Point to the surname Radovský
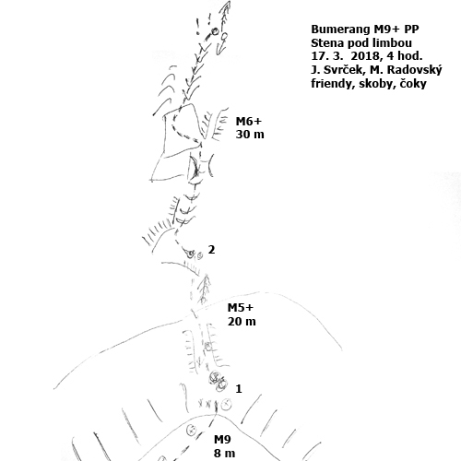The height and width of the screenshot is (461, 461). (x=414, y=71)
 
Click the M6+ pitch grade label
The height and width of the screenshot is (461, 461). (x=249, y=122)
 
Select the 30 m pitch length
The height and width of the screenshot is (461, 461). (x=250, y=135)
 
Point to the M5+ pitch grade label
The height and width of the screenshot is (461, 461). (x=241, y=308)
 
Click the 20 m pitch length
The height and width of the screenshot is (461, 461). (x=242, y=322)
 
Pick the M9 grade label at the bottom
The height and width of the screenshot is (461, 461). (x=222, y=440)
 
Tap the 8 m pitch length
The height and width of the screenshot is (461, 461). (x=225, y=454)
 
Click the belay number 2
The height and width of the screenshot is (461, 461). (x=211, y=250)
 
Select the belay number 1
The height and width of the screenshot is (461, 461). (x=239, y=389)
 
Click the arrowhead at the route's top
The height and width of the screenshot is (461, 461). (x=227, y=6)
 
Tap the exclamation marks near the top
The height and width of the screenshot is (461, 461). (x=204, y=22)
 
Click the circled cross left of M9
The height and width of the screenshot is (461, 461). (x=192, y=430)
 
